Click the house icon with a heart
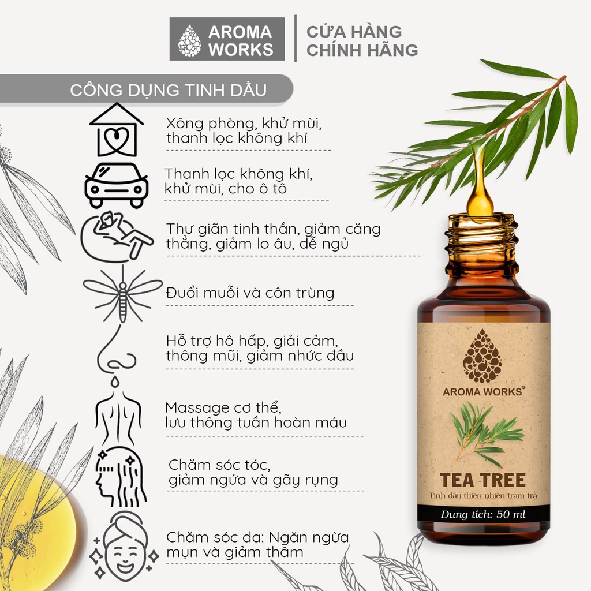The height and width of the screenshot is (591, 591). point(116,130)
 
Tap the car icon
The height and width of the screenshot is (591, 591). point(116,185)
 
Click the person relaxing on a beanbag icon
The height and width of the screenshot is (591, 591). point(117,237)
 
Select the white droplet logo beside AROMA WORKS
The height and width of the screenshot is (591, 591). point(189,41)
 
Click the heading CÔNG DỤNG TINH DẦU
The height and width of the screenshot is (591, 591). point(168,90)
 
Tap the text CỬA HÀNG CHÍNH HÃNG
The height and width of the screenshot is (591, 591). point(362,41)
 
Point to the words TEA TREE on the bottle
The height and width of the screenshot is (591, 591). point(483,480)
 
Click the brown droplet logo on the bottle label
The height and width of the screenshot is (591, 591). point(482,356)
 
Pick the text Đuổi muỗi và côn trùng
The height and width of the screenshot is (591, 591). point(250,293)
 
